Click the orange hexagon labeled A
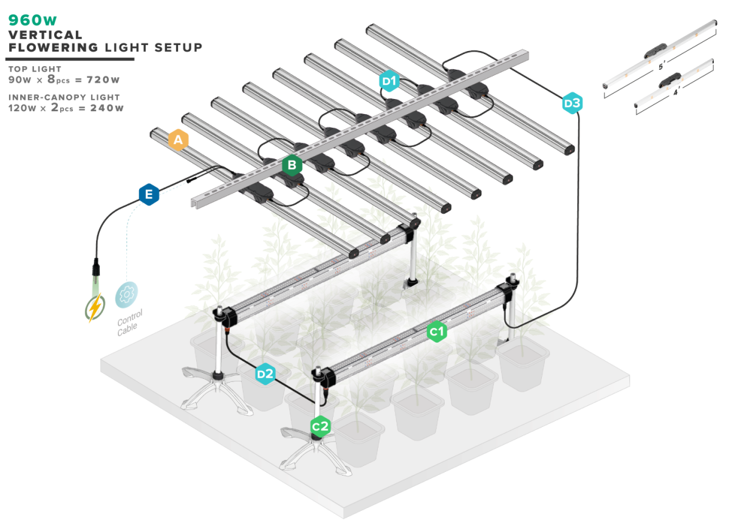click(178, 140)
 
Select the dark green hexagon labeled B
click(292, 165)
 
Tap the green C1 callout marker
click(437, 332)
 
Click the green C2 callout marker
click(320, 427)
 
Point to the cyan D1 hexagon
click(389, 81)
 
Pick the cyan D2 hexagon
click(265, 374)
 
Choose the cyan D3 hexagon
click(572, 103)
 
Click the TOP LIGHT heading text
click(35, 69)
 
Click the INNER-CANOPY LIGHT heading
click(64, 97)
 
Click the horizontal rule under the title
click(70, 60)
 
